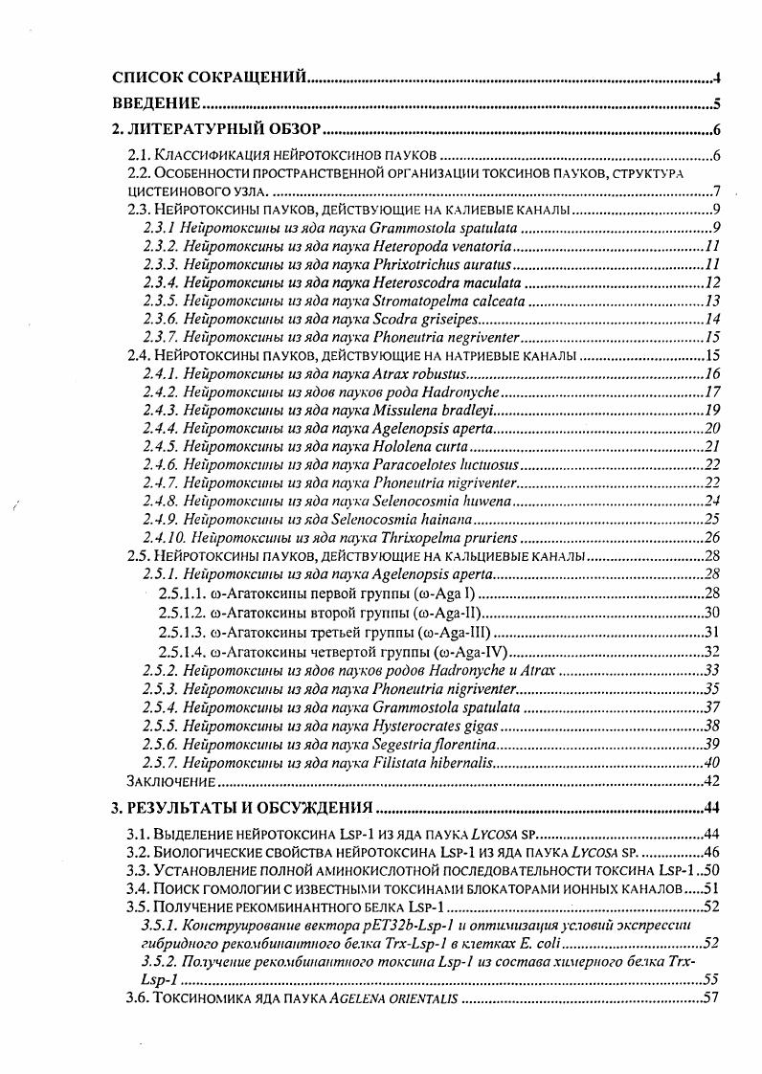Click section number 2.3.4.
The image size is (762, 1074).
pyautogui.click(x=160, y=282)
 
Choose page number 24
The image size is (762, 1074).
pyautogui.click(x=712, y=501)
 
